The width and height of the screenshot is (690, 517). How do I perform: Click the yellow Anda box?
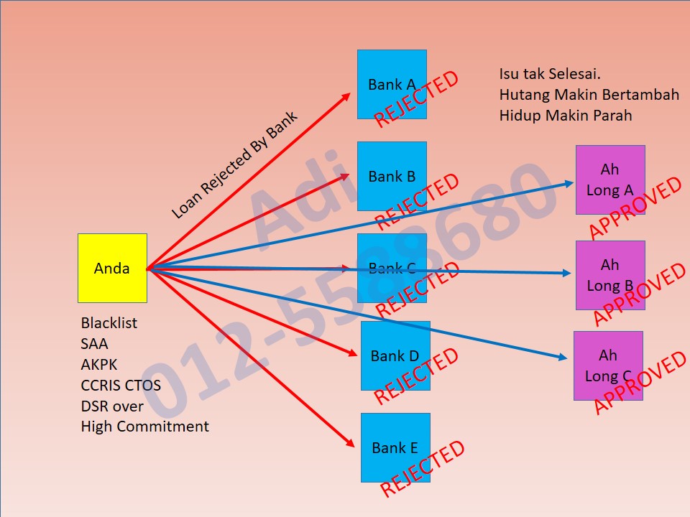click(112, 268)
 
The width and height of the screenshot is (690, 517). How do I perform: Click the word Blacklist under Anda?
click(109, 323)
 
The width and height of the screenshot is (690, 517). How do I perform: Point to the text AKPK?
click(99, 365)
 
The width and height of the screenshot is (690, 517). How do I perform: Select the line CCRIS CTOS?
click(121, 386)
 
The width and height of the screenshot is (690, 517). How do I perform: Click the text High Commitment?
click(144, 427)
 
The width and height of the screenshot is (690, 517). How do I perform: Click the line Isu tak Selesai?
click(550, 74)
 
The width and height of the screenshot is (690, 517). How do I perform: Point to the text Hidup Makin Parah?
click(566, 115)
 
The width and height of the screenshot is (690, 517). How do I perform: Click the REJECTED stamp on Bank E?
click(423, 469)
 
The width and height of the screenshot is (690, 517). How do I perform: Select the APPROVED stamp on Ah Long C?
click(640, 383)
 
